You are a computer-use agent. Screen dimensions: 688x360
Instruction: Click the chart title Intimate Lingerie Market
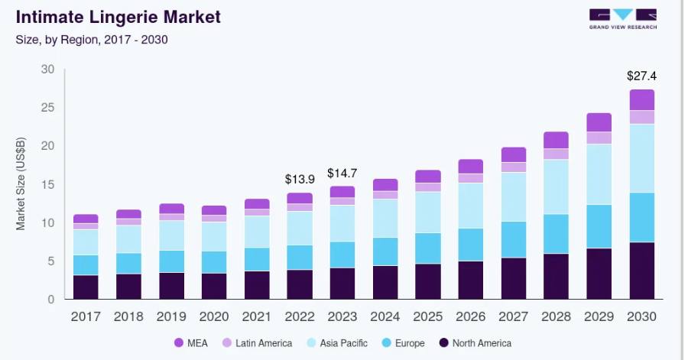coord(118,17)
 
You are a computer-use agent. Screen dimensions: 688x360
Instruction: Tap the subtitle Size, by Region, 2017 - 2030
coord(92,40)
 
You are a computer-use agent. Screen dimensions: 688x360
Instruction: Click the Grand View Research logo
coord(623,19)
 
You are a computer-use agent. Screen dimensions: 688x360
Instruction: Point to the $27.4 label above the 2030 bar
coord(641,76)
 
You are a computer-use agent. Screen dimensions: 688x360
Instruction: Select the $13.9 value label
coord(300,179)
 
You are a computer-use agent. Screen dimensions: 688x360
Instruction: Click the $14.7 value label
coord(342,174)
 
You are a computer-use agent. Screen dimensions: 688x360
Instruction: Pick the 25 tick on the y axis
coord(47,108)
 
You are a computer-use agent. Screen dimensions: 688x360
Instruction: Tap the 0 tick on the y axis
coord(51,300)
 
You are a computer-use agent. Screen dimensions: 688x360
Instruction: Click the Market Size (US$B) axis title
coord(21,183)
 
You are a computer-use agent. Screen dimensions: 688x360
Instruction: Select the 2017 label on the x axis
coord(86,316)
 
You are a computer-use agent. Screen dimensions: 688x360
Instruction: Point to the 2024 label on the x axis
coord(385,316)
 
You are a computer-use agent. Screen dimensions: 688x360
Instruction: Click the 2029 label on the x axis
coord(599,316)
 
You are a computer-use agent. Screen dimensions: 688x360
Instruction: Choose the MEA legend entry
coord(191,343)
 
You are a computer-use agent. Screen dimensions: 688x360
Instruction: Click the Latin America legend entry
coord(257,343)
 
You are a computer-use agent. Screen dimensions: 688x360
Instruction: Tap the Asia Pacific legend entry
coord(337,343)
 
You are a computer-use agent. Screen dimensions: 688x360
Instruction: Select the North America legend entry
coord(475,343)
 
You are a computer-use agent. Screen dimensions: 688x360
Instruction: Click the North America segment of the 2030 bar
coord(642,271)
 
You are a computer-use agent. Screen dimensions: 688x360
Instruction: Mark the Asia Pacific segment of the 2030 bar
coord(642,158)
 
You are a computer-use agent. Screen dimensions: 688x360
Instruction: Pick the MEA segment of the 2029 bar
coord(599,122)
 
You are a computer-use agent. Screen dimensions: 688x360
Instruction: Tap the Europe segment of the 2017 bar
coord(86,265)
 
